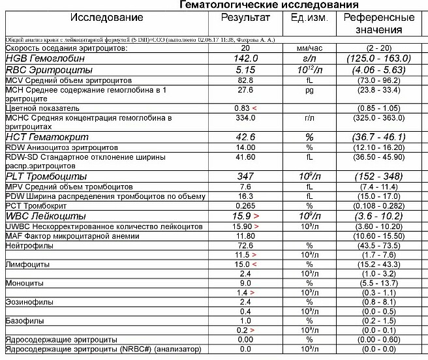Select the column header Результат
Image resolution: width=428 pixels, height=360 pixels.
click(245, 17)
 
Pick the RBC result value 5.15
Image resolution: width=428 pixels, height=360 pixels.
click(245, 69)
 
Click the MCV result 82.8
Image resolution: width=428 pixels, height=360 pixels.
click(245, 79)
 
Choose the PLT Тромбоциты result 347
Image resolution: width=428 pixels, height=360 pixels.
click(245, 177)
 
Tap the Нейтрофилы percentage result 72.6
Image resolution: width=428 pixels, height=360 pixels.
click(245, 245)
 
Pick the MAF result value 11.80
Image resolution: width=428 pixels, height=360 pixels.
click(245, 235)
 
